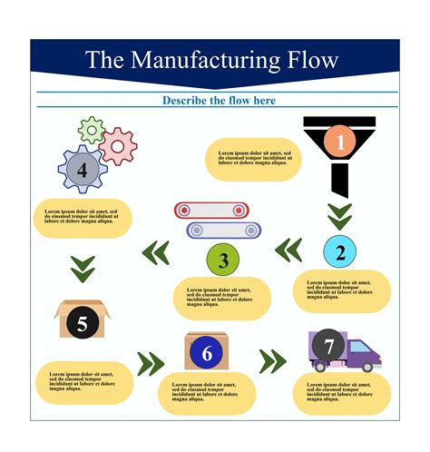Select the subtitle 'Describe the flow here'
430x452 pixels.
click(x=219, y=100)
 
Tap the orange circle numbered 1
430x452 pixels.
click(x=340, y=142)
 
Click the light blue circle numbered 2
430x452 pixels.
click(x=340, y=252)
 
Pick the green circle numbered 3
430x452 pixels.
click(x=222, y=261)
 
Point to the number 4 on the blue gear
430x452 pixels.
click(x=83, y=170)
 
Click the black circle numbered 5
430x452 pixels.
click(x=83, y=322)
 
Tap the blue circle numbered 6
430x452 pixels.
click(x=207, y=353)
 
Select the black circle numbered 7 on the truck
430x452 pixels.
click(x=328, y=346)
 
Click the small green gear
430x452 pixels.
click(x=91, y=130)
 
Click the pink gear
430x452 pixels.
click(x=118, y=145)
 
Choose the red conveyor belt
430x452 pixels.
click(x=211, y=211)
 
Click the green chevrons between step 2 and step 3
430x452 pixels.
click(x=288, y=250)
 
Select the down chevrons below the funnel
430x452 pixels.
click(x=339, y=216)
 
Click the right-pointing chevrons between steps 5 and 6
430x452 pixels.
click(x=151, y=364)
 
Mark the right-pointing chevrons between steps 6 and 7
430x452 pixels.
click(x=272, y=361)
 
